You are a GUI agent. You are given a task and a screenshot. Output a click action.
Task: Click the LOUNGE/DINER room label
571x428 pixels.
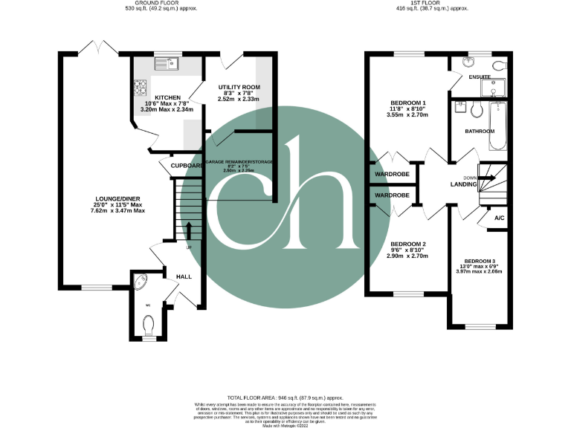pos(119,198)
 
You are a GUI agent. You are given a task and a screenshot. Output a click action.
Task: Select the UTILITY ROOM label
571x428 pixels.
pos(239,88)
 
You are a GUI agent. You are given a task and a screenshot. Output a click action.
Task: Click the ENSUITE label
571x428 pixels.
pos(480,77)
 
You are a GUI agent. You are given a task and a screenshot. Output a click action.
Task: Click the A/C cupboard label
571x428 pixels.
pos(500,218)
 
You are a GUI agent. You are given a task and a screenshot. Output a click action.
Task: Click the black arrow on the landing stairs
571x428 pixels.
pos(488,178)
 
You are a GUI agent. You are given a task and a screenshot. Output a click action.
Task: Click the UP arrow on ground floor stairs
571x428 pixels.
pos(188,230)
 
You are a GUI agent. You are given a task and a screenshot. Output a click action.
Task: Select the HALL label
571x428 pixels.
pos(184,276)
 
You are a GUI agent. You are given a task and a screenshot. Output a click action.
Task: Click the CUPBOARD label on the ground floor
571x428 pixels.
pos(186,166)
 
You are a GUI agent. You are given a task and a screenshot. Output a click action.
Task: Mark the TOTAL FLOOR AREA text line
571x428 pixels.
pos(285,398)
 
